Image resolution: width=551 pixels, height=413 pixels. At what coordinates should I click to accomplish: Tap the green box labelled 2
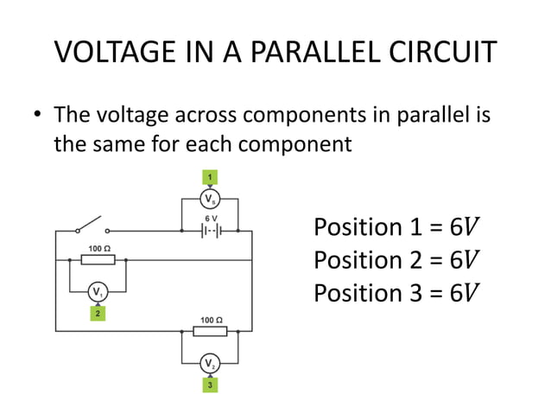pyautogui.click(x=98, y=314)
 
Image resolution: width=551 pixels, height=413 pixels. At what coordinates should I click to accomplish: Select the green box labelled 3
pyautogui.click(x=209, y=384)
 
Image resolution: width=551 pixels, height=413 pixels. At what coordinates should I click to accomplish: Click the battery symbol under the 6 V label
pyautogui.click(x=209, y=232)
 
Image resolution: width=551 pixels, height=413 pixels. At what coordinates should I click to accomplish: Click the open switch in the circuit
pyautogui.click(x=92, y=227)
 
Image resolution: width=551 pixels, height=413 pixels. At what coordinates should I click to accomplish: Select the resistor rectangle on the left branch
pyautogui.click(x=98, y=259)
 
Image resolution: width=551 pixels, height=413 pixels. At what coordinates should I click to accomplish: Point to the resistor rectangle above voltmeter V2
pyautogui.click(x=209, y=331)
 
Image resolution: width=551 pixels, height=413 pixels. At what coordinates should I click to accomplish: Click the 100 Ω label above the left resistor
pyautogui.click(x=98, y=248)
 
